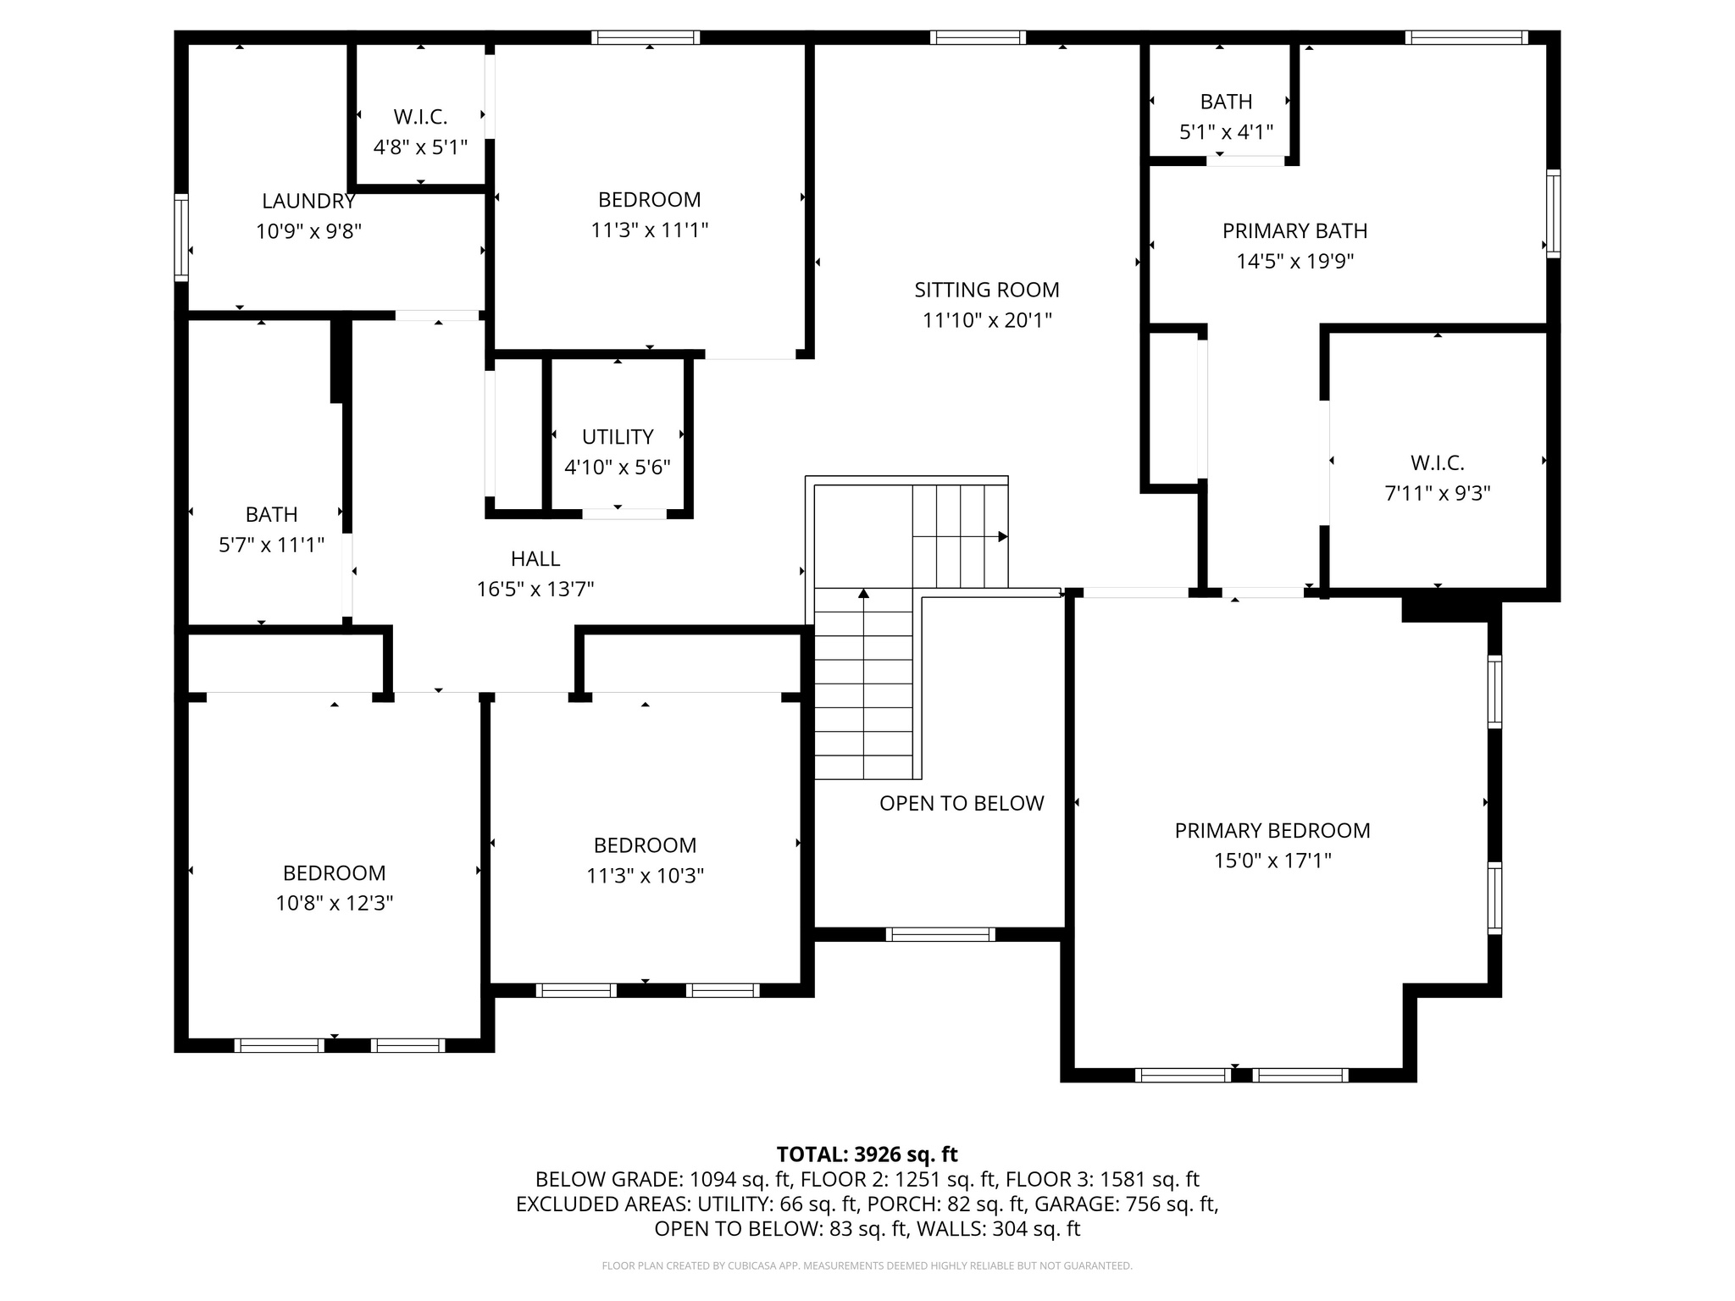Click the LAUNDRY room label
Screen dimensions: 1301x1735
(308, 201)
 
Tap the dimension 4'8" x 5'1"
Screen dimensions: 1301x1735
(420, 147)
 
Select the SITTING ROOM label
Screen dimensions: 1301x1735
(986, 290)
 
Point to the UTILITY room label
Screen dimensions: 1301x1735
(617, 436)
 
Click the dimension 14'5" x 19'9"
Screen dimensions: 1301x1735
(1294, 261)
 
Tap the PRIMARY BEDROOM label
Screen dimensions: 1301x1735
(1272, 830)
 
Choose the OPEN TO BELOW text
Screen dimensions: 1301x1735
(961, 803)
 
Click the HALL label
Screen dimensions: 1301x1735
(535, 558)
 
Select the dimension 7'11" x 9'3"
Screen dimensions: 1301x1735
(1437, 493)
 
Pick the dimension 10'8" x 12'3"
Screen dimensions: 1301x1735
(334, 903)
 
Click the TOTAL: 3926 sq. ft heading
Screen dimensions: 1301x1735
(867, 1154)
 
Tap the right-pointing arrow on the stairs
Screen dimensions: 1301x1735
(1002, 536)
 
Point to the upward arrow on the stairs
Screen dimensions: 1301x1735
(863, 594)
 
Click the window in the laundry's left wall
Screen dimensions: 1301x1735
(181, 237)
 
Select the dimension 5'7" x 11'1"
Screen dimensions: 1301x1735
(271, 545)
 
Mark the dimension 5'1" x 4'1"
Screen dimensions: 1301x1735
(1226, 132)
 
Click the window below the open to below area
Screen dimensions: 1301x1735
(940, 934)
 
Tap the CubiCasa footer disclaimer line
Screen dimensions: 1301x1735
(867, 1265)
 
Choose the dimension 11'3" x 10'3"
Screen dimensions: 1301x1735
(645, 875)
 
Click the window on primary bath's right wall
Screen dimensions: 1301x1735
(1553, 213)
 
